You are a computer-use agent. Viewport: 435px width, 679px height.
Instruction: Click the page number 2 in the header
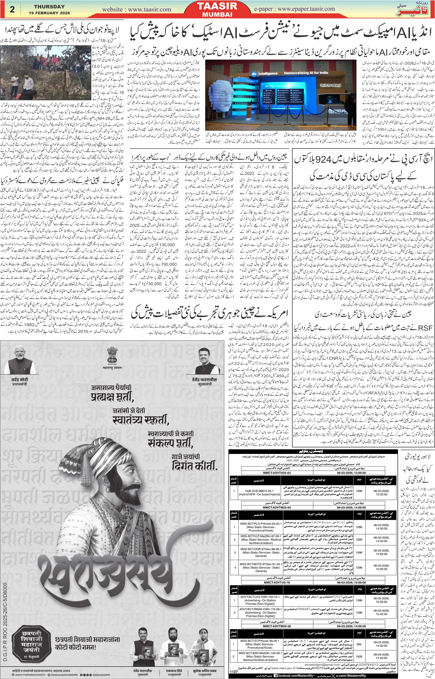coord(12,10)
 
